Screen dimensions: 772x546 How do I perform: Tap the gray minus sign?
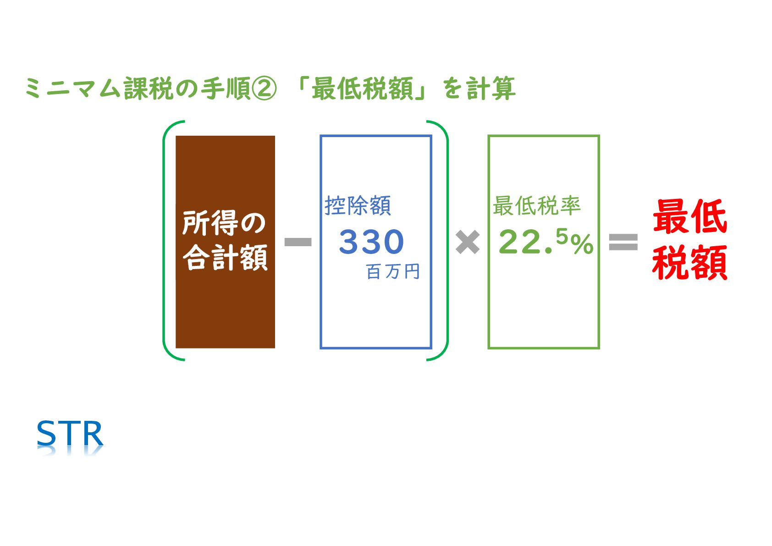point(298,242)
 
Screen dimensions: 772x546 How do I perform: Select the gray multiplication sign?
point(468,242)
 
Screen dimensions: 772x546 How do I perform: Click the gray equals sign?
point(623,242)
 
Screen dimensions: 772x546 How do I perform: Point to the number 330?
point(371,242)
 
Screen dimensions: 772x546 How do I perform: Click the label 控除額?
point(358,205)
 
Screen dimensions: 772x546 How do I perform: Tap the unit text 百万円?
point(393,271)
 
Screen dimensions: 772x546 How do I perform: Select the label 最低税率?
point(536,205)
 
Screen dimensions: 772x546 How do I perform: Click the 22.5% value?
point(546,242)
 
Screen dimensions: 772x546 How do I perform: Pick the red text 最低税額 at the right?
point(689,240)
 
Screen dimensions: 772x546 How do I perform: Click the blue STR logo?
point(70,434)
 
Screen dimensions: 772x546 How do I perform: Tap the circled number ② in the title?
point(265,88)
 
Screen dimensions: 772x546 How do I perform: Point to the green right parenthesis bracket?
point(445,241)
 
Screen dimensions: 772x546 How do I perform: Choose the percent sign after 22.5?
point(582,244)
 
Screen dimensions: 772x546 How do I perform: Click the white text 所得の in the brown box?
point(224,223)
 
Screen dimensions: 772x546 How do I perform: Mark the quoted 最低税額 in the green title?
point(363,88)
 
